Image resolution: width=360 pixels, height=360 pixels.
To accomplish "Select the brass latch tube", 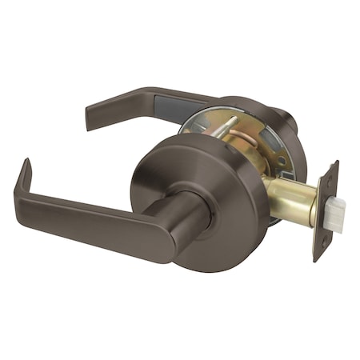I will coord(292,200).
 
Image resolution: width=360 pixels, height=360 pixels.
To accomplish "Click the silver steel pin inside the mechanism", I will coord(226,129).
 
